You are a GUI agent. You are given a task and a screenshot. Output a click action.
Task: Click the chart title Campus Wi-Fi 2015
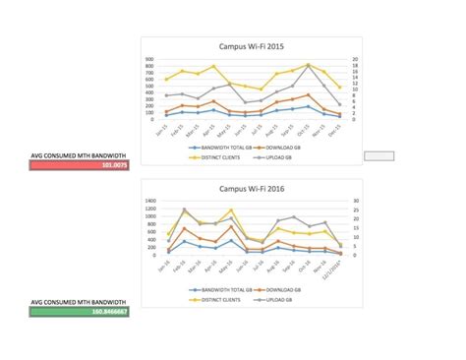point(253,46)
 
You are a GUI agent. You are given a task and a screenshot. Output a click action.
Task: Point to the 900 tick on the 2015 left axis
point(148,59)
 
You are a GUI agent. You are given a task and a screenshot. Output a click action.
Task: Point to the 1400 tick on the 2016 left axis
point(148,202)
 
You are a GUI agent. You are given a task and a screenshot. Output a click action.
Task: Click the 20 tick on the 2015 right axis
point(355,59)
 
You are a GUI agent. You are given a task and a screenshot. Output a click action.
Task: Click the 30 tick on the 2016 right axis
point(355,202)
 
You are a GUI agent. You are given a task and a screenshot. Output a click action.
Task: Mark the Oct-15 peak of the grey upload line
point(309,65)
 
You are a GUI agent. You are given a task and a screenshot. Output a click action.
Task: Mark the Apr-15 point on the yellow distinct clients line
point(214,67)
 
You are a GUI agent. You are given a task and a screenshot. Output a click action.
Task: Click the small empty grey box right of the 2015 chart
point(379,155)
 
